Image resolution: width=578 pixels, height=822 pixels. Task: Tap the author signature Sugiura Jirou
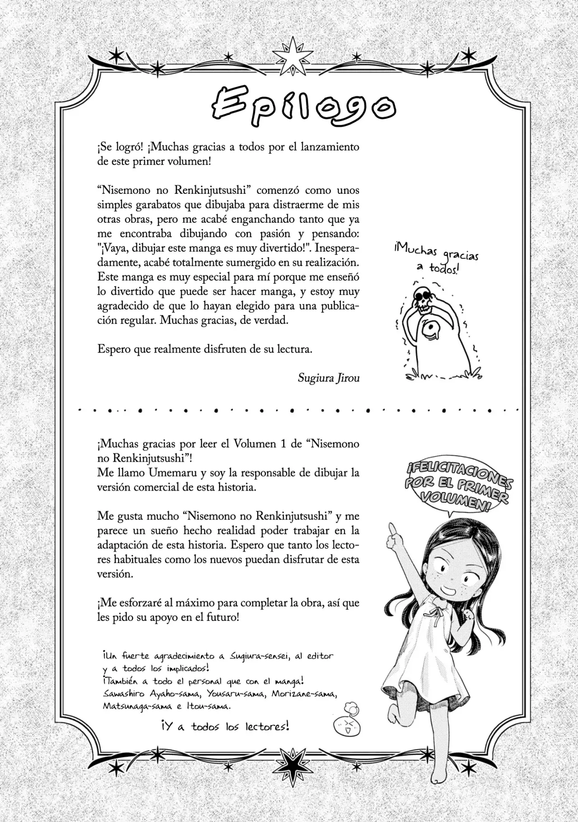coord(328,378)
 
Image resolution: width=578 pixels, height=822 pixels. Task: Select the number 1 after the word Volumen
coord(283,444)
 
